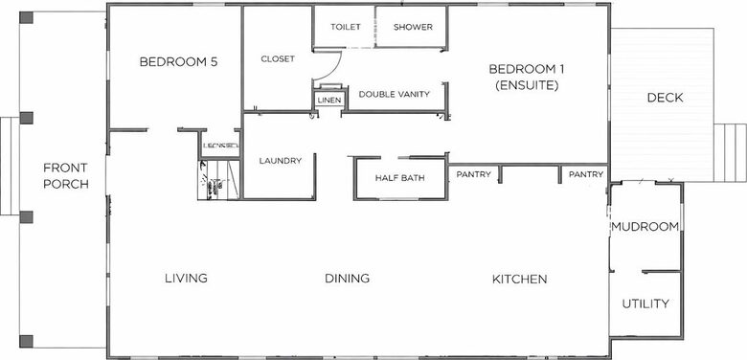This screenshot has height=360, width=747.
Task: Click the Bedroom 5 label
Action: (x=179, y=62)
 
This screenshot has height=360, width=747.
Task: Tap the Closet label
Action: (x=278, y=59)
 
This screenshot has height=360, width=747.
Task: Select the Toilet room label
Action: (x=345, y=27)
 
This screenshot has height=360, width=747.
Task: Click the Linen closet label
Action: (x=328, y=100)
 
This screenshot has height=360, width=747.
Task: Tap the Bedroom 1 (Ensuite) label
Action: (x=523, y=77)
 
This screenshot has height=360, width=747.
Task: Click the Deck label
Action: (x=664, y=98)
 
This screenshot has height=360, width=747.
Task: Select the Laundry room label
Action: (x=281, y=161)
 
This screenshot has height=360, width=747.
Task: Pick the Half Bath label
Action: (x=399, y=177)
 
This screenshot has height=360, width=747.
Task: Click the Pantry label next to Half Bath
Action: (x=474, y=174)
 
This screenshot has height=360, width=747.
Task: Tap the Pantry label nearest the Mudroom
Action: (x=586, y=174)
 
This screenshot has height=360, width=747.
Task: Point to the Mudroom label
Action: (x=645, y=227)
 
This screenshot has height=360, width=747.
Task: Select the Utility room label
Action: (x=645, y=304)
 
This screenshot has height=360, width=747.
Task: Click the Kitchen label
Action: (x=519, y=279)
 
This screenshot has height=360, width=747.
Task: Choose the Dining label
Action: (x=347, y=279)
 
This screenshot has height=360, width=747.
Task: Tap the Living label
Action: (x=186, y=279)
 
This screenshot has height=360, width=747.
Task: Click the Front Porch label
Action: (x=66, y=175)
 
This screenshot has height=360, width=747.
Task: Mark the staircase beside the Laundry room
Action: (x=217, y=181)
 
